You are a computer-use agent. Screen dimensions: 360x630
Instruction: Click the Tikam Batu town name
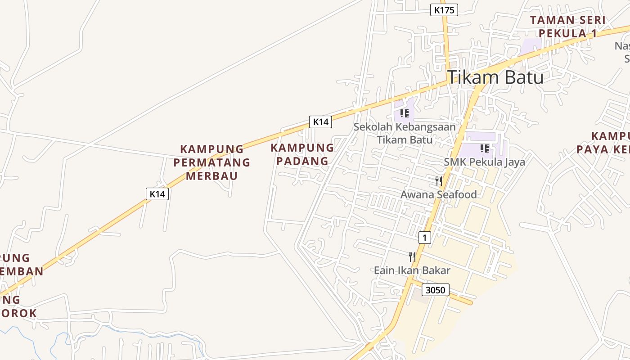tap(495, 77)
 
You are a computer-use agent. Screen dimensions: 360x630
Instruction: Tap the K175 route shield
tap(444, 10)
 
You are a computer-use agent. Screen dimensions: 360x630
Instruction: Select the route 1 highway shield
tap(424, 237)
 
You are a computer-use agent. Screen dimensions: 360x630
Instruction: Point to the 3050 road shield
tap(436, 290)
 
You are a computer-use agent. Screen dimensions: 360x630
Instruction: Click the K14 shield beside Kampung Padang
tap(320, 121)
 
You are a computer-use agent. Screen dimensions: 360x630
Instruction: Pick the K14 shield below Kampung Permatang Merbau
tap(157, 194)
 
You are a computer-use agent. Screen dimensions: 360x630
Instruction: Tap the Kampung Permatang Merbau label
tap(211, 162)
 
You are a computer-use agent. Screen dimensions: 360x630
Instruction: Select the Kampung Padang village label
tap(302, 154)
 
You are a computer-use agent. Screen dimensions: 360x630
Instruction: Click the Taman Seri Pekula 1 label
tap(568, 27)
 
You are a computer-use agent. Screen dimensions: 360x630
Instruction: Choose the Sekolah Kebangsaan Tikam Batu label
tap(405, 133)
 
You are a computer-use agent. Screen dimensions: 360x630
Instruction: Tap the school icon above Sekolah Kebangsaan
tap(404, 113)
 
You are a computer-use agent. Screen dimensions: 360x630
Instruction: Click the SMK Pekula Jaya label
tap(484, 162)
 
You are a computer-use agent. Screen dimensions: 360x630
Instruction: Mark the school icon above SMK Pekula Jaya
tap(485, 148)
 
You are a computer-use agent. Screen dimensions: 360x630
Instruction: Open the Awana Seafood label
tap(438, 194)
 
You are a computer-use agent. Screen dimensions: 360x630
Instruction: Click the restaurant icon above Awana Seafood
tap(439, 181)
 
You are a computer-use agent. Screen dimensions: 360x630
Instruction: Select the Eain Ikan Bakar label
tap(412, 270)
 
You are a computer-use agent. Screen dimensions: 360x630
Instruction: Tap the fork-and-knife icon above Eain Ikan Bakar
tap(412, 257)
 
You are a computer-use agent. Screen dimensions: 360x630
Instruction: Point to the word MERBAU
tap(211, 175)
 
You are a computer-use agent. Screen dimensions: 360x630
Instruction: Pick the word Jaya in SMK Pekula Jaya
tap(513, 162)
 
